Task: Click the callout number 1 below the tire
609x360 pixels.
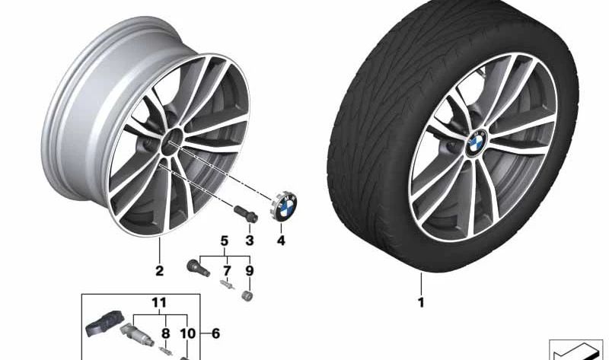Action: (x=421, y=302)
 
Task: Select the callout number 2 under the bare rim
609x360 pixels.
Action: (x=159, y=271)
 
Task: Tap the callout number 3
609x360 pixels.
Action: (x=250, y=241)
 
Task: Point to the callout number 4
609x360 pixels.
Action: (x=281, y=241)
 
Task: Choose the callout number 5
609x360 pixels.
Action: (x=225, y=241)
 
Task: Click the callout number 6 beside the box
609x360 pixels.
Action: (x=215, y=333)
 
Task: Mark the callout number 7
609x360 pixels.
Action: (x=227, y=271)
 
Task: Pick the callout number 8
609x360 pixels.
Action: (x=166, y=333)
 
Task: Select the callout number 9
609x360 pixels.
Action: (x=250, y=271)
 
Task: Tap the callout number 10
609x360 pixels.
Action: (x=187, y=333)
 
